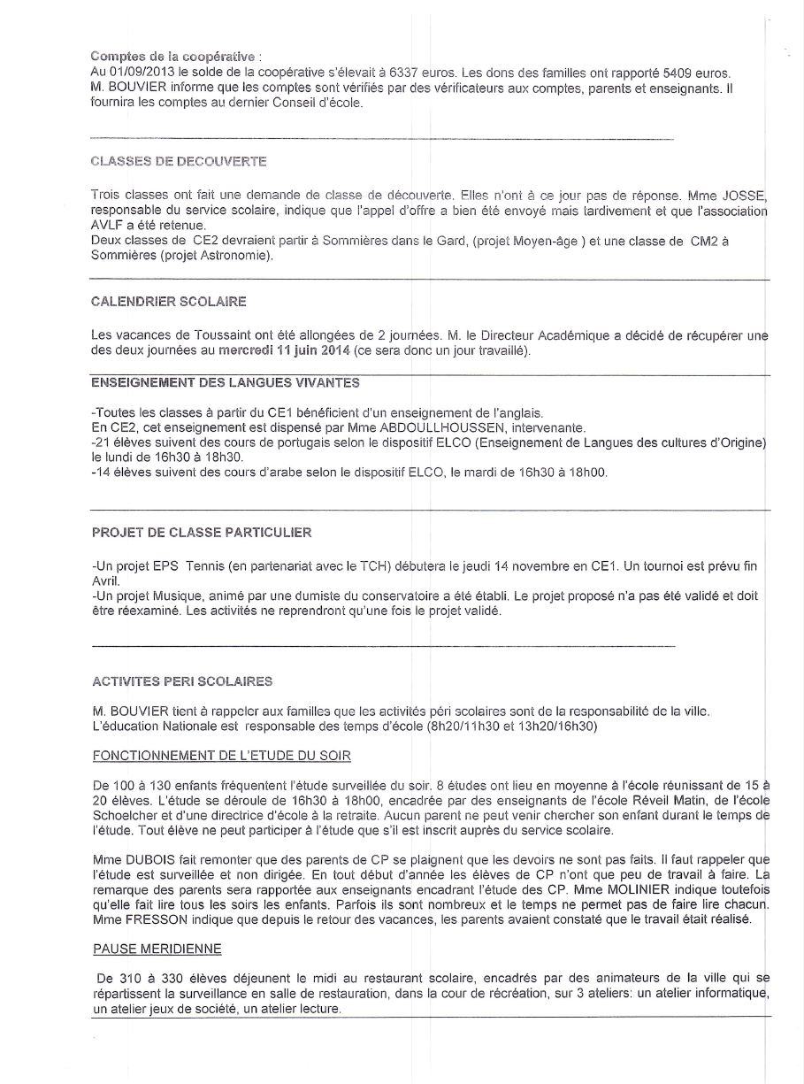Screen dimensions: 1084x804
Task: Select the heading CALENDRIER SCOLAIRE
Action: tap(169, 302)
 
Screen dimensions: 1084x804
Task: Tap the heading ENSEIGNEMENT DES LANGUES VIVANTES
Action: tap(226, 381)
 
